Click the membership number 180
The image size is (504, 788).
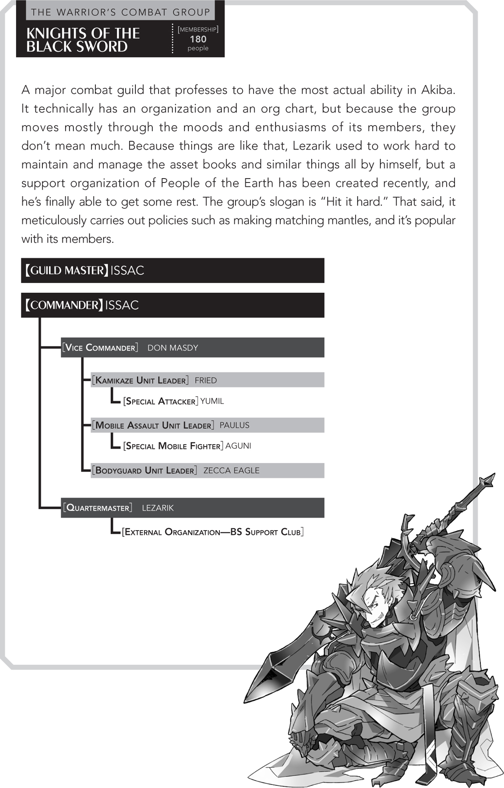[x=198, y=39]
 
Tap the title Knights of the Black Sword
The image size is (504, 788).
[x=83, y=40]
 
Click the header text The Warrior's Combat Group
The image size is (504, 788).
[x=120, y=12]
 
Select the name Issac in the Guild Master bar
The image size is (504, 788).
[x=127, y=271]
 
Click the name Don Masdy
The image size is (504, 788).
[x=173, y=348]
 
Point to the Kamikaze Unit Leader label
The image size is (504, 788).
[x=140, y=380]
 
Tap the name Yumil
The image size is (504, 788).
[x=212, y=401]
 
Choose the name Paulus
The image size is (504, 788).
[x=234, y=425]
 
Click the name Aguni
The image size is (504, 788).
[x=238, y=446]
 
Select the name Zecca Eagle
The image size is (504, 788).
[x=231, y=471]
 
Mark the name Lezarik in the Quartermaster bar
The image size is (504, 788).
[x=158, y=508]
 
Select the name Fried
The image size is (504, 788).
[x=206, y=380]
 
